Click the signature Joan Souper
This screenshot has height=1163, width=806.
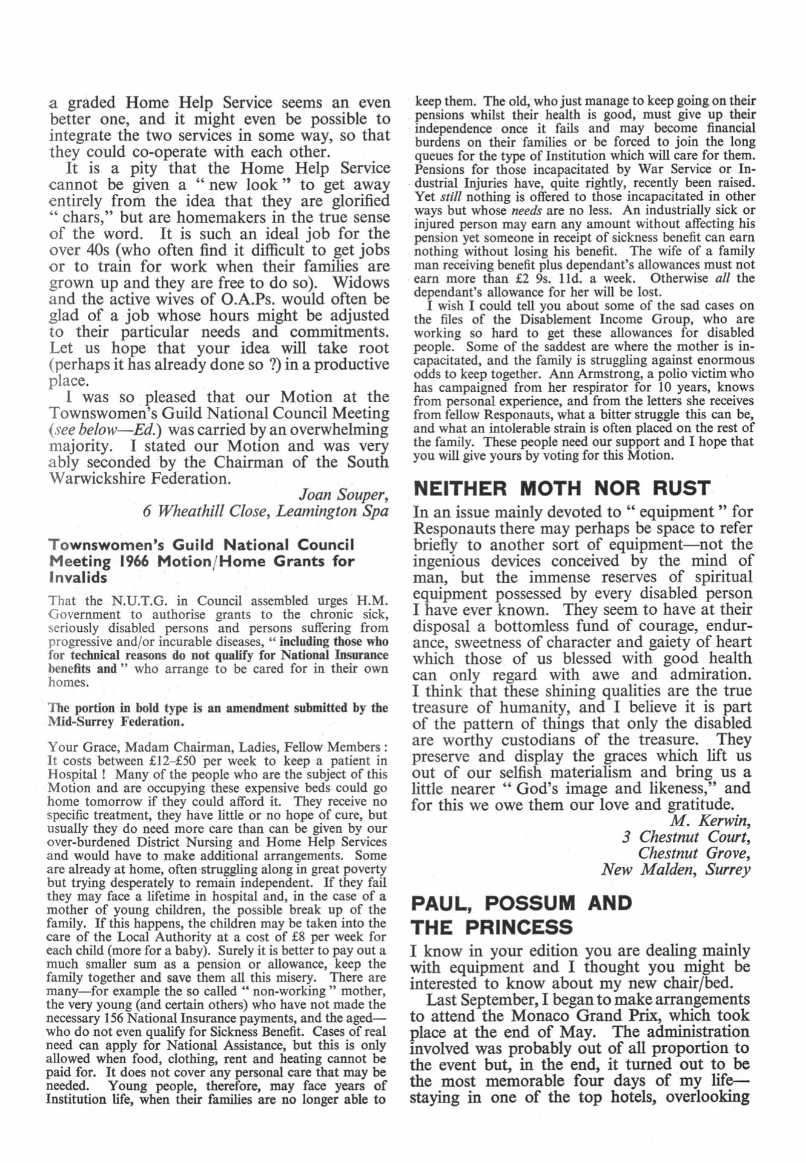coord(344,495)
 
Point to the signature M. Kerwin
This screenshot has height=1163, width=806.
coord(710,821)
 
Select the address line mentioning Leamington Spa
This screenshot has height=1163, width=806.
coord(265,511)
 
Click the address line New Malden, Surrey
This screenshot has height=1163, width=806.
coord(676,870)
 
